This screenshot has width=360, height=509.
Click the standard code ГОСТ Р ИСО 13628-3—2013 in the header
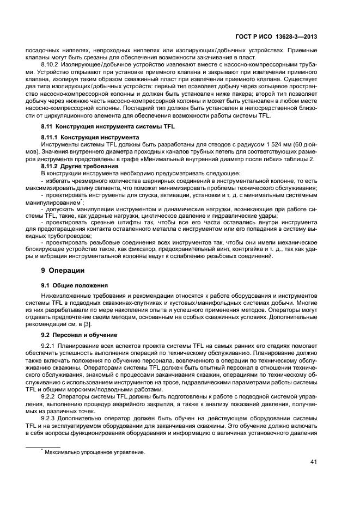(284, 36)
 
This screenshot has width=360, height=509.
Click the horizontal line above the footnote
(44, 446)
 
